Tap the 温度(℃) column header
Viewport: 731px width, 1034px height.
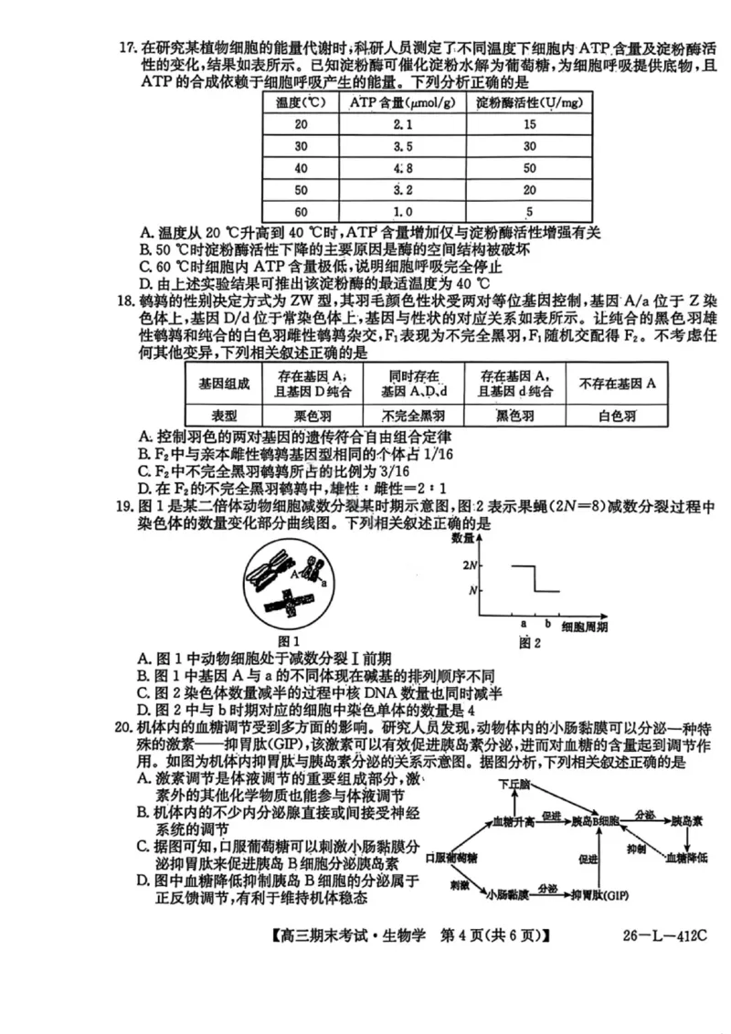click(301, 103)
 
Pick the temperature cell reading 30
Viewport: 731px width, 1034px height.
click(301, 147)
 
